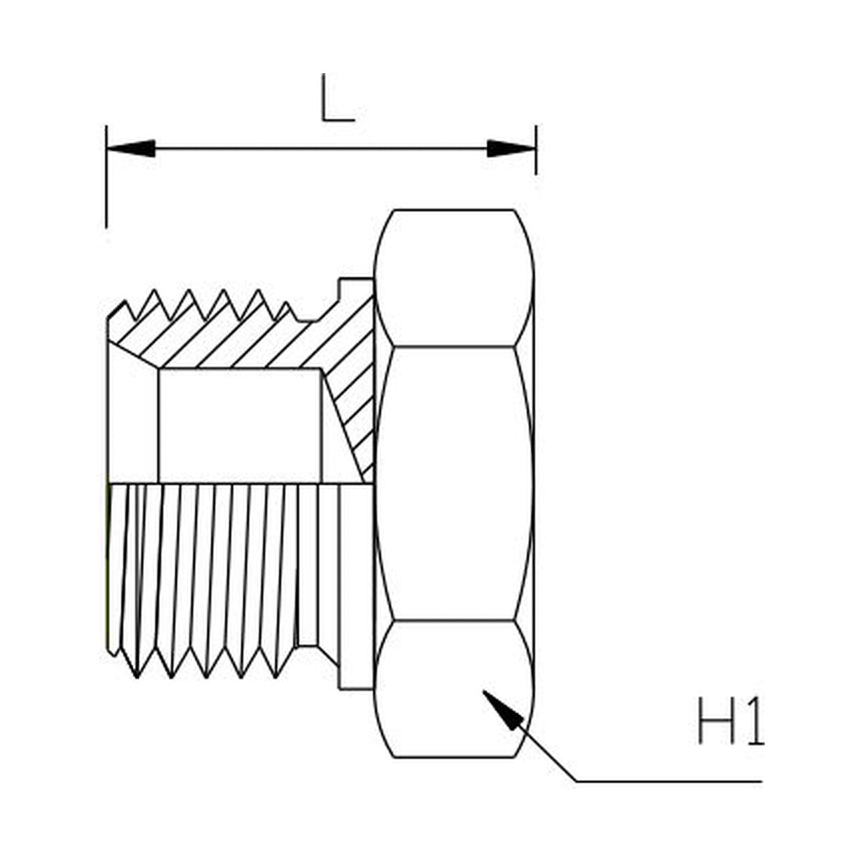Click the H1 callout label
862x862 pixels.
coord(730,720)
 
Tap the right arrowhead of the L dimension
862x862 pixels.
coord(511,149)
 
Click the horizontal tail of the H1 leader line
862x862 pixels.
coord(668,780)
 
